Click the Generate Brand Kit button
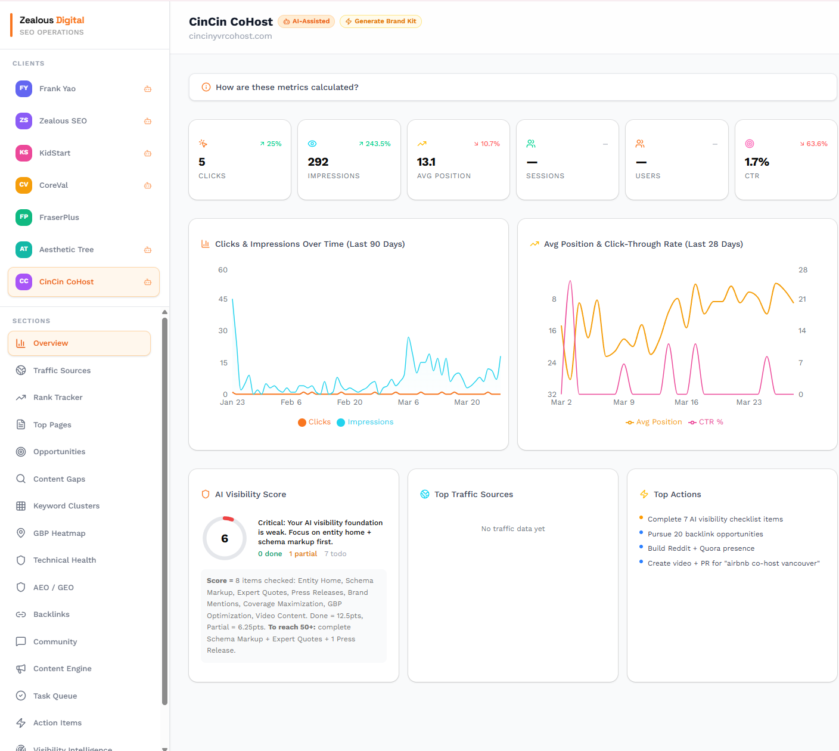click(381, 21)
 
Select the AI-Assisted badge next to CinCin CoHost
click(306, 21)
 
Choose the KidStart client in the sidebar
click(55, 153)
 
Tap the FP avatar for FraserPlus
click(24, 217)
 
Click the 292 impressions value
click(318, 162)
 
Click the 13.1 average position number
click(426, 162)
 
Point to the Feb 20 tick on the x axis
click(350, 402)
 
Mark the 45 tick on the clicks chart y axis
click(223, 299)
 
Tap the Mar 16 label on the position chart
click(686, 402)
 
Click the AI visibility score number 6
click(225, 539)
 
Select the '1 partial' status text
click(303, 554)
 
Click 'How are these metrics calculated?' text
click(287, 88)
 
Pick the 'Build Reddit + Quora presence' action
click(701, 548)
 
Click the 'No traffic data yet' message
click(513, 529)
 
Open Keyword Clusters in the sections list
click(66, 506)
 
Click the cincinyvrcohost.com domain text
click(231, 36)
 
